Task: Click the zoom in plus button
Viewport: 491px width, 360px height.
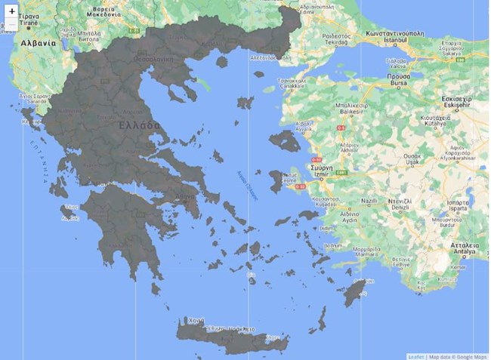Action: click(12, 11)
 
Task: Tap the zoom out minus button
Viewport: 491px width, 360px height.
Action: click(12, 25)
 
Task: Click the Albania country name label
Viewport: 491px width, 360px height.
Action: click(38, 43)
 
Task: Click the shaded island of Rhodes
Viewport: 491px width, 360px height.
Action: click(354, 291)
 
